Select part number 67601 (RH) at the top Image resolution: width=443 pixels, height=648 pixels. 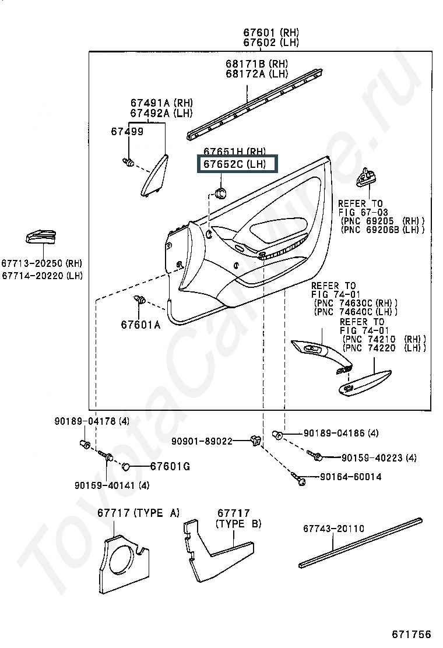click(x=271, y=32)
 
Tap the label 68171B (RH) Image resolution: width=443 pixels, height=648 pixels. click(x=256, y=64)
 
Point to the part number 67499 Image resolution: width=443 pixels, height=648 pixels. click(x=127, y=132)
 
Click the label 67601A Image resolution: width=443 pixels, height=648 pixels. click(x=140, y=325)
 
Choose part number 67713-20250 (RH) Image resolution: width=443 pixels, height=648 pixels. click(x=42, y=263)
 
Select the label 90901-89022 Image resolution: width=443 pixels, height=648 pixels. click(x=202, y=441)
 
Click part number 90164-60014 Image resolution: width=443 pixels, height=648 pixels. click(x=350, y=477)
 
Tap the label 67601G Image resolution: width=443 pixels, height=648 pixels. click(x=170, y=467)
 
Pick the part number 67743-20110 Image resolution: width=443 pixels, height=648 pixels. click(x=333, y=529)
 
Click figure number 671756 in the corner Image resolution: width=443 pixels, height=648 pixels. click(x=411, y=635)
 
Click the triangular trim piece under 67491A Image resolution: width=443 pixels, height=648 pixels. click(x=154, y=175)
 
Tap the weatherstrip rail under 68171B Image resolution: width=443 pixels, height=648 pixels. click(x=254, y=104)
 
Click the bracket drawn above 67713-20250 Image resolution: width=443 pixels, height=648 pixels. click(x=40, y=237)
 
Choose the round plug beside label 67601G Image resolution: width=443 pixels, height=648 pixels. click(x=126, y=467)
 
